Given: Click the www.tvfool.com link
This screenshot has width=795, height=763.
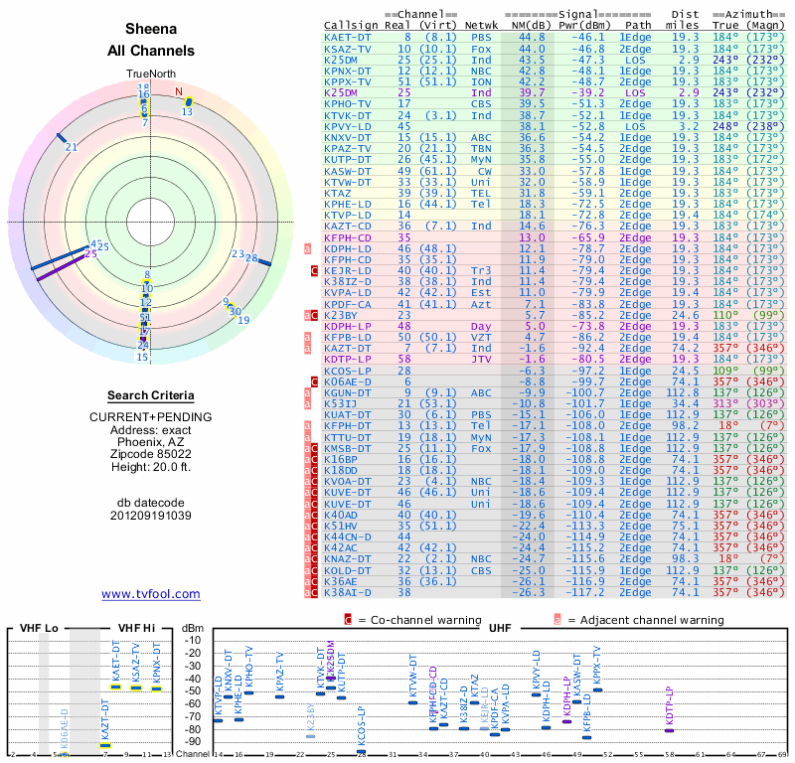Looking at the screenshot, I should (x=151, y=594).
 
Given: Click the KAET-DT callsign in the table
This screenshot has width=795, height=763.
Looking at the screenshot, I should (x=348, y=37).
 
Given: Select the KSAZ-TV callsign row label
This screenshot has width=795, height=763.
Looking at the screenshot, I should (x=348, y=49).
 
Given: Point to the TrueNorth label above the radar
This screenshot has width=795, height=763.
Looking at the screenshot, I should (x=150, y=75).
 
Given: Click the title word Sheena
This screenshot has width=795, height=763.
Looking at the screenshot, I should (x=151, y=29).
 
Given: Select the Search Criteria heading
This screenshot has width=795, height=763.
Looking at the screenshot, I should (x=151, y=395).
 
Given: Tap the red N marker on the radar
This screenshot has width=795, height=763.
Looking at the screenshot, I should (x=179, y=93).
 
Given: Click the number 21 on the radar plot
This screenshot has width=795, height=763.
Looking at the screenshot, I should (x=71, y=147).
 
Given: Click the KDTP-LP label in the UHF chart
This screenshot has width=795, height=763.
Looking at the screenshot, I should (x=670, y=704).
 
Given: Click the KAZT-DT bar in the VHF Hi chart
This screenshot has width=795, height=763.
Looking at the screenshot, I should (x=105, y=744).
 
